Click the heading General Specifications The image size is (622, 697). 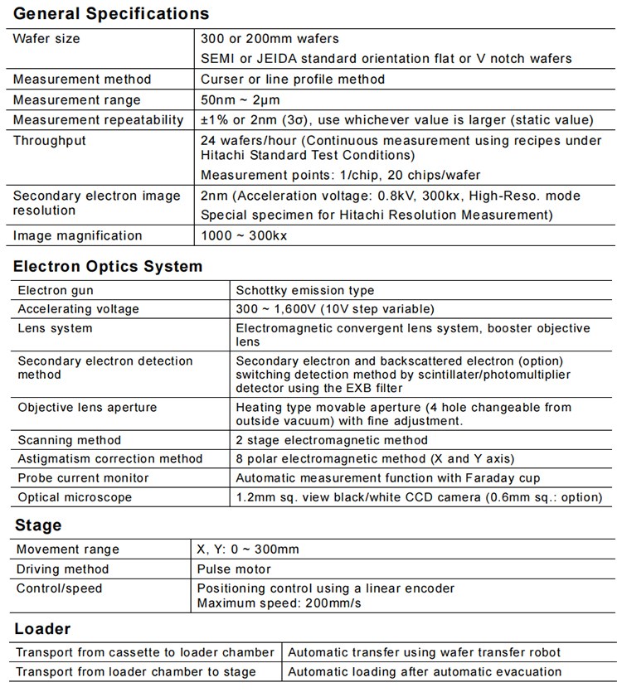pyautogui.click(x=111, y=14)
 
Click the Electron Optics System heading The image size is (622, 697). pyautogui.click(x=108, y=267)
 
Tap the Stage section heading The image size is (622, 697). pyautogui.click(x=38, y=525)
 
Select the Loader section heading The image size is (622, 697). pyautogui.click(x=42, y=629)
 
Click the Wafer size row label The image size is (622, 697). pyautogui.click(x=46, y=39)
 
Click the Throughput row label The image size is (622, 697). pyautogui.click(x=50, y=141)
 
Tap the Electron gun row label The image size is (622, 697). pyautogui.click(x=56, y=291)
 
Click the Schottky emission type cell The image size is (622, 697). pyautogui.click(x=305, y=291)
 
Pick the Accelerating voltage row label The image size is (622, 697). pyautogui.click(x=79, y=309)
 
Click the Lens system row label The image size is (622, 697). pyautogui.click(x=56, y=328)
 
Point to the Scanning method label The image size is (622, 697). pyautogui.click(x=70, y=440)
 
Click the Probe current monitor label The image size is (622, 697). pyautogui.click(x=84, y=478)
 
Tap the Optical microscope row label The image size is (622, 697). pyautogui.click(x=75, y=498)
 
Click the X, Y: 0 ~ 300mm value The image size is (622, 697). pyautogui.click(x=248, y=549)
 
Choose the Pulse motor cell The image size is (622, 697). pyautogui.click(x=234, y=569)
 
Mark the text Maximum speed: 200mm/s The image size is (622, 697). pyautogui.click(x=279, y=603)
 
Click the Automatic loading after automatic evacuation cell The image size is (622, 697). pyautogui.click(x=425, y=672)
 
